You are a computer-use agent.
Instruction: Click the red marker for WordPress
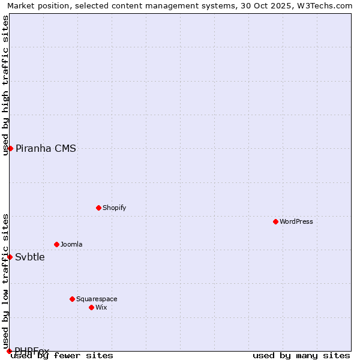[x=275, y=221]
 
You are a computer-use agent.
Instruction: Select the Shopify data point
[x=98, y=208]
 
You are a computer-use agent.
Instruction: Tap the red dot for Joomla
[x=56, y=244]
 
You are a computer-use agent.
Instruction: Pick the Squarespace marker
[x=72, y=299]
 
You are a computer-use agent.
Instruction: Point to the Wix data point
[x=91, y=307]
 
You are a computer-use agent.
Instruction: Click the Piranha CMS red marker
[x=10, y=148]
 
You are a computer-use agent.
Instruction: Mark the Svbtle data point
[x=10, y=257]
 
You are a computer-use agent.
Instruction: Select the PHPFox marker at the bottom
[x=9, y=351]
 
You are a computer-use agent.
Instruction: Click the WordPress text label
[x=296, y=221]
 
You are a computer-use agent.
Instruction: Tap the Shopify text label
[x=115, y=208]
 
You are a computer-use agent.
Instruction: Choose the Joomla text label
[x=71, y=244]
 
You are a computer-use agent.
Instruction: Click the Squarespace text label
[x=97, y=299]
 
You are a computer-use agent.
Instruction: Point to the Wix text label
[x=101, y=307]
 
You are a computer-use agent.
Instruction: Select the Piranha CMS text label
[x=46, y=149]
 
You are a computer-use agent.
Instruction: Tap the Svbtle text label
[x=30, y=257]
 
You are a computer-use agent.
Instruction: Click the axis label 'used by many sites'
[x=301, y=356]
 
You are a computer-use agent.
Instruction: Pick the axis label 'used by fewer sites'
[x=62, y=356]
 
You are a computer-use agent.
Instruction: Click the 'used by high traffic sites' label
[x=5, y=86]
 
